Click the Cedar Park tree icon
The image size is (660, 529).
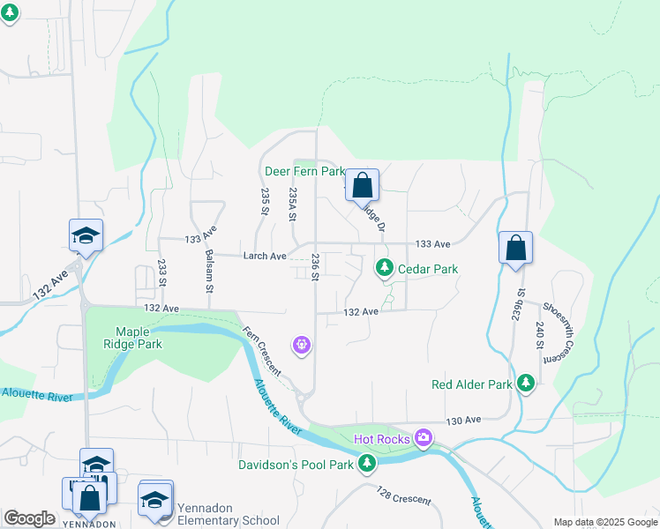click(384, 267)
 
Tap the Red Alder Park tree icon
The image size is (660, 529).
click(526, 384)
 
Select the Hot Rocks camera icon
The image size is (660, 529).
click(424, 437)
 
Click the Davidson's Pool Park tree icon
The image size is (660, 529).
click(367, 463)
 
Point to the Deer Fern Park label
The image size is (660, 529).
click(304, 171)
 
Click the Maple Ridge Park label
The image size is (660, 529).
click(133, 338)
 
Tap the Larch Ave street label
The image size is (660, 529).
click(265, 257)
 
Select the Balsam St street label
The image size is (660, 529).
click(209, 270)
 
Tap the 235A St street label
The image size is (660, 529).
click(293, 205)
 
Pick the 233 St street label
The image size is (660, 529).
click(162, 272)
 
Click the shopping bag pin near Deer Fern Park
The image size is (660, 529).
click(362, 186)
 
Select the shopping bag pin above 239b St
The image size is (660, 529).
click(516, 249)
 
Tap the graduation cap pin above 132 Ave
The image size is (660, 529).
click(86, 235)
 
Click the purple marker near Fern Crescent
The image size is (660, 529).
click(302, 344)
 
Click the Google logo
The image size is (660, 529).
click(29, 518)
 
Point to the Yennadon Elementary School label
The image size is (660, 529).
click(229, 514)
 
